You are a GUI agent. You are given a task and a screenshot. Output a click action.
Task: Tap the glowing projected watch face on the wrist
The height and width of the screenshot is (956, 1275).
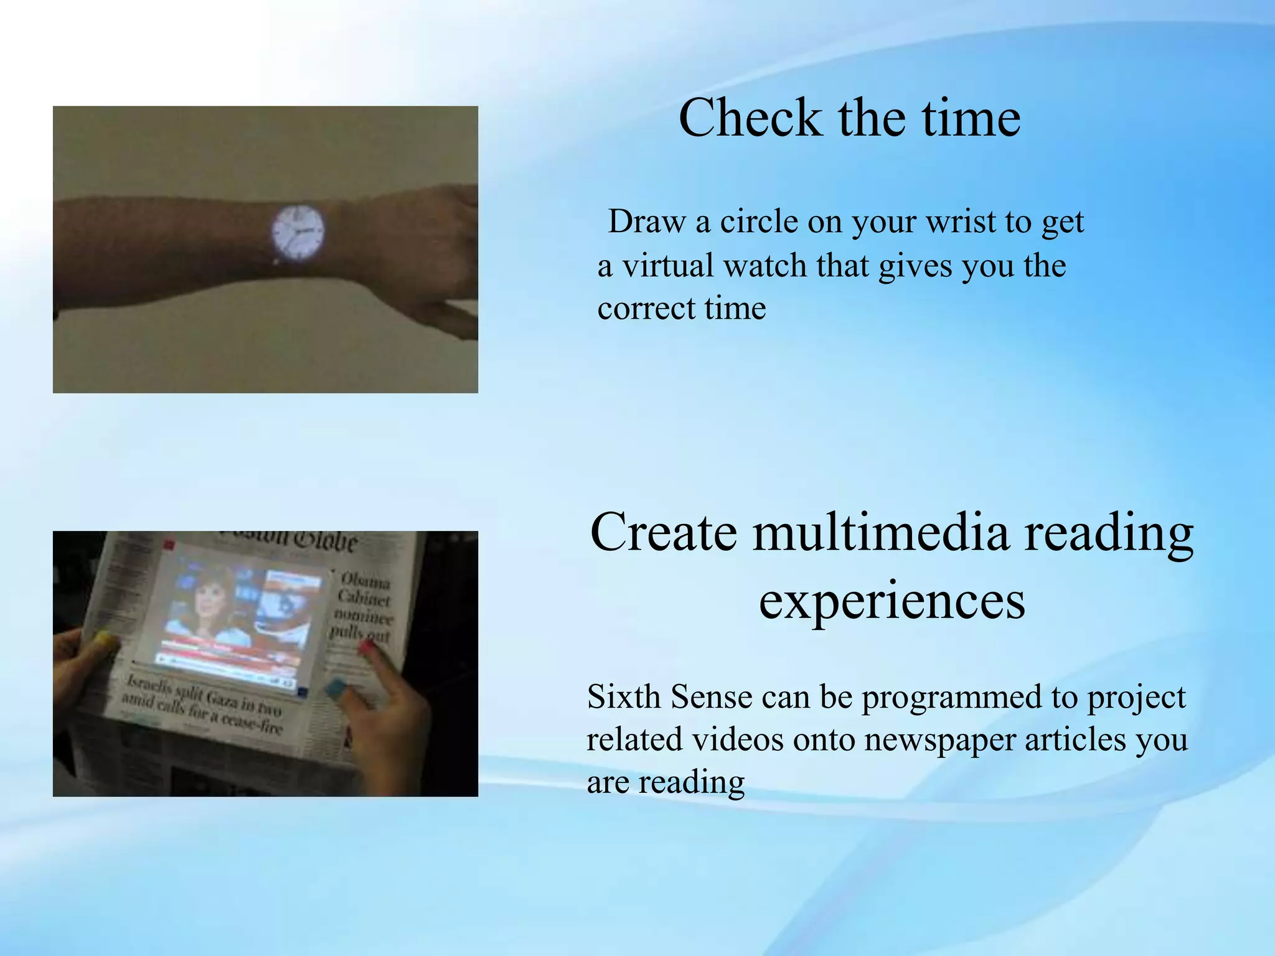click(x=298, y=232)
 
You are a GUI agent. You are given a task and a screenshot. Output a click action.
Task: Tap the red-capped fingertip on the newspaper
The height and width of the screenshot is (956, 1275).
click(x=366, y=648)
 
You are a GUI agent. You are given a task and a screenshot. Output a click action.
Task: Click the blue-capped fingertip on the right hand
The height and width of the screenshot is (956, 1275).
click(x=335, y=687)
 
